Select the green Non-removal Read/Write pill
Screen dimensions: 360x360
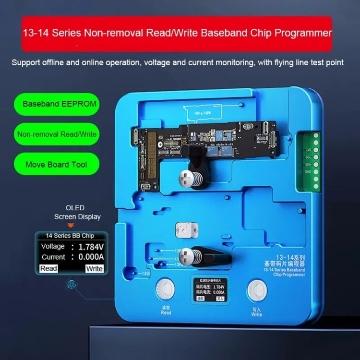tap(57, 134)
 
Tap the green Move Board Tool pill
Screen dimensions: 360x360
tap(57, 164)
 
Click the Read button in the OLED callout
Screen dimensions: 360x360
tap(48, 268)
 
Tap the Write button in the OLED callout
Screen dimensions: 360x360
tap(94, 269)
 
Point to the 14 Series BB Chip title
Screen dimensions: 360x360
tap(70, 236)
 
